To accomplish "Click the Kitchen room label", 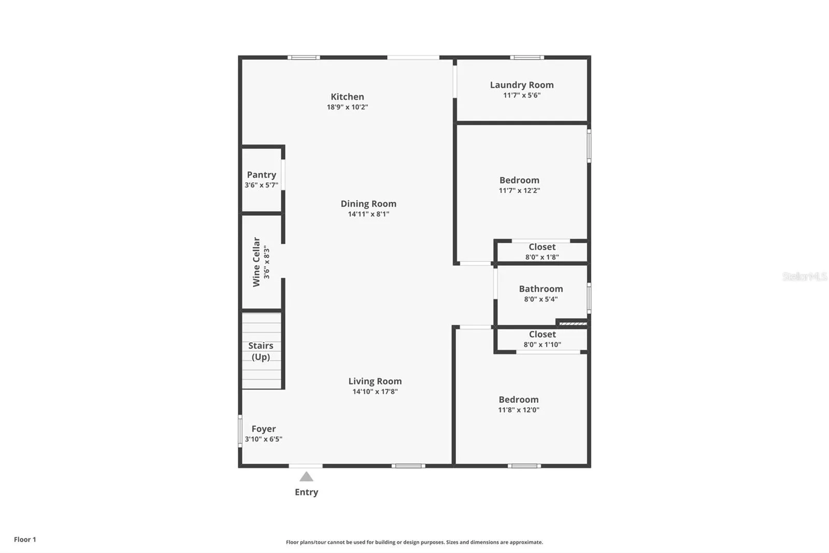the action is pos(347,96).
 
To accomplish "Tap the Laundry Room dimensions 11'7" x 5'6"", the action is pos(522,95).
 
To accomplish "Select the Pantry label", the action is pos(261,175).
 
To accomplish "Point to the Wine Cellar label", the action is pos(256,262).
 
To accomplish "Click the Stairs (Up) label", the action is pos(261,351).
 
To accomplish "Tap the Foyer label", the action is pos(264,429).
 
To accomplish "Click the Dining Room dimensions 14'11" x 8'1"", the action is pos(368,214).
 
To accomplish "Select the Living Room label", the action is pos(375,381).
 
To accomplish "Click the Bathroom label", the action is pos(541,289).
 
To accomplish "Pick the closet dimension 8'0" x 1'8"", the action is pos(542,257).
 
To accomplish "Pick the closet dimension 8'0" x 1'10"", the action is pos(542,344).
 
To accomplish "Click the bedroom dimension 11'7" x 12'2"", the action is pos(519,190).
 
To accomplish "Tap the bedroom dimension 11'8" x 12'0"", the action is pos(519,410).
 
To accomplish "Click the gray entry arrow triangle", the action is pos(306,477).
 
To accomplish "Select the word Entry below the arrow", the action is pos(306,492).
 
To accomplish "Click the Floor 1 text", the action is pos(25,540).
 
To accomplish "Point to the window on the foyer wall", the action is pos(240,431).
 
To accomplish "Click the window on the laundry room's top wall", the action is pos(527,58).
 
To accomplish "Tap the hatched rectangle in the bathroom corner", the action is pos(573,324).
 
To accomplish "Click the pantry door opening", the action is pos(283,175).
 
